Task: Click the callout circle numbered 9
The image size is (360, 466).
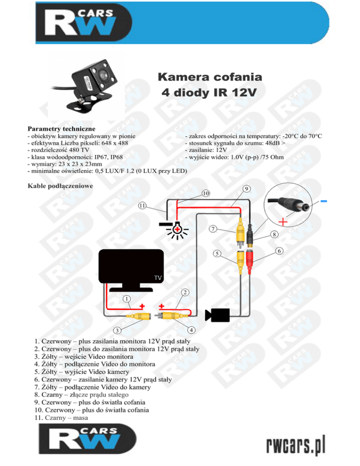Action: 247,188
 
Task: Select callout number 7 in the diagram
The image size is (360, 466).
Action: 213,229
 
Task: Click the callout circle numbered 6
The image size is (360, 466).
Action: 278,251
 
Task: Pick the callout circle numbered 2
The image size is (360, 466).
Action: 185,293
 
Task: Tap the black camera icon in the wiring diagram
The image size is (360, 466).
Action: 219,315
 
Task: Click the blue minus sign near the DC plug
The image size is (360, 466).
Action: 324,202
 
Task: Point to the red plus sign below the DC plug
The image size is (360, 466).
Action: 283,221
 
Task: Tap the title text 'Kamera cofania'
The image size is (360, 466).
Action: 210,77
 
